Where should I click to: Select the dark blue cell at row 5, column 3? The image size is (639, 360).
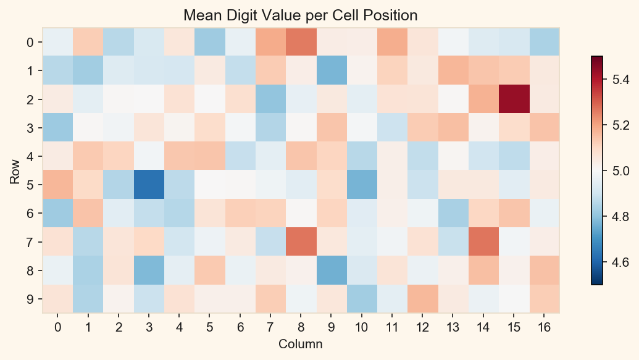(x=148, y=185)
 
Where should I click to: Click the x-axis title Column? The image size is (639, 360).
(x=301, y=343)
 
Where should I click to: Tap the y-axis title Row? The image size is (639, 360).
(x=14, y=171)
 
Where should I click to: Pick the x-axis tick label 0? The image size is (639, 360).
(x=57, y=327)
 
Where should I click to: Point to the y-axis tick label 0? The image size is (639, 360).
(x=30, y=43)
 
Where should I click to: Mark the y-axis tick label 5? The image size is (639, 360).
(x=30, y=185)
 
